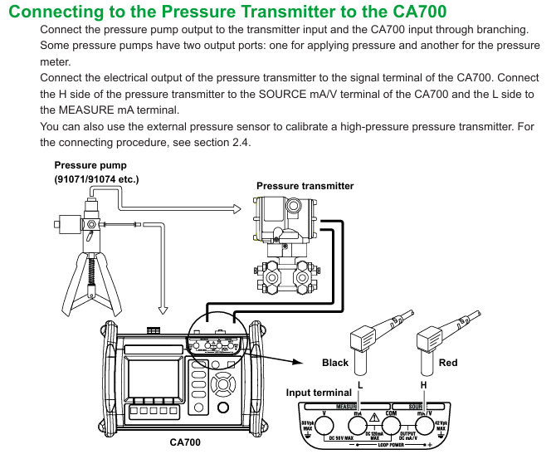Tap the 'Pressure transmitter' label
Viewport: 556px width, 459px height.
[305, 186]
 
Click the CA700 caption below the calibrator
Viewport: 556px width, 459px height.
[184, 442]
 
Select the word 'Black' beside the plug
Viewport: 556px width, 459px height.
[335, 363]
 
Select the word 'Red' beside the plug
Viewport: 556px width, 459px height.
[448, 363]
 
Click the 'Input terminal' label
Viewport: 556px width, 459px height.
[319, 392]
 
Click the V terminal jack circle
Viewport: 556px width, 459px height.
[325, 426]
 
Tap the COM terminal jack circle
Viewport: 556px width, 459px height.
[392, 426]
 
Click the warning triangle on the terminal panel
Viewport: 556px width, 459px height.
[375, 417]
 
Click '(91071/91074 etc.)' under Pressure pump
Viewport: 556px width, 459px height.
[96, 178]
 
